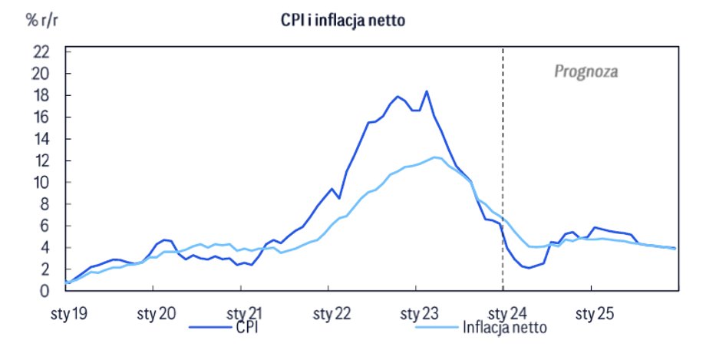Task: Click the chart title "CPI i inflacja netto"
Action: pyautogui.click(x=342, y=21)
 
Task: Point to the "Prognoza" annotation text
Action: pyautogui.click(x=586, y=72)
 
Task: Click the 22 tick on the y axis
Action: pyautogui.click(x=41, y=52)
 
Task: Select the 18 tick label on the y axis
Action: pyautogui.click(x=41, y=95)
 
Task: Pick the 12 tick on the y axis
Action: pyautogui.click(x=41, y=160)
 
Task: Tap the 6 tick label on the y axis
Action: pyautogui.click(x=45, y=226)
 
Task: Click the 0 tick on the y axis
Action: pyautogui.click(x=45, y=291)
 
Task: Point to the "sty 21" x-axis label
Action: pyautogui.click(x=242, y=314)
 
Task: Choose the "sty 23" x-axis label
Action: pyautogui.click(x=416, y=314)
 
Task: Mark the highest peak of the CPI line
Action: pyautogui.click(x=426, y=91)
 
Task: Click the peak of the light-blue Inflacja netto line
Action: pyautogui.click(x=435, y=157)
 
